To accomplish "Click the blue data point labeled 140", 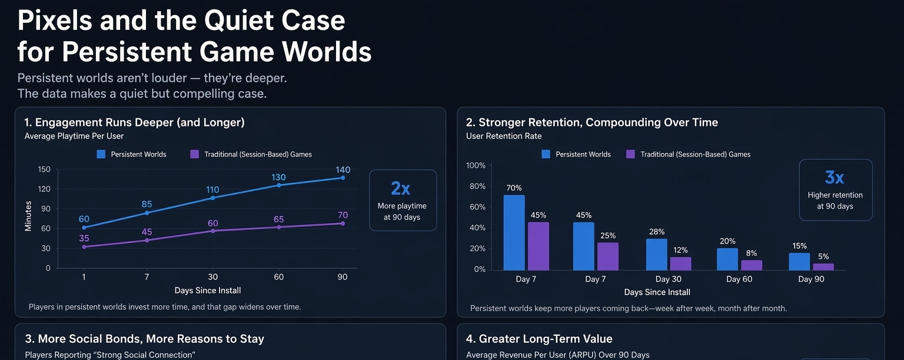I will (343, 178).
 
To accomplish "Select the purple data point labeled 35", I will (84, 247).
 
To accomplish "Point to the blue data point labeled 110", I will (212, 198).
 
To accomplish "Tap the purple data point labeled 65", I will (278, 227).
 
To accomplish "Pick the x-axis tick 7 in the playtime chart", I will (147, 277).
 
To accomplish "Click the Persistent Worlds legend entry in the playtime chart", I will (132, 154).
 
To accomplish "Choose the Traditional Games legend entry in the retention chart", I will (688, 154).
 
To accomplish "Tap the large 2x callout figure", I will (401, 188).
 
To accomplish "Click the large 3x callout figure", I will (835, 177).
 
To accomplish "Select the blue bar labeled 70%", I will (514, 232).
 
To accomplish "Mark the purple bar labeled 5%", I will (823, 266).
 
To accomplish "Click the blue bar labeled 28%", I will (656, 254).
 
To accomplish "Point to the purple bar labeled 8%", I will (751, 265).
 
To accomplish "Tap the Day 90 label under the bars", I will (811, 279).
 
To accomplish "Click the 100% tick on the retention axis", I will (476, 165).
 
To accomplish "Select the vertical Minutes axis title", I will (28, 216).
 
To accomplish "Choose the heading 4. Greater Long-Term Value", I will (539, 339).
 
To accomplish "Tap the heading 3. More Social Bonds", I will (144, 339).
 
